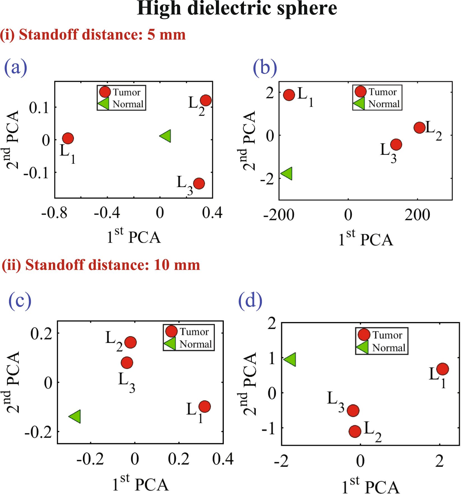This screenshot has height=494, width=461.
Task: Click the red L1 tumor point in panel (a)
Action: [x=68, y=138]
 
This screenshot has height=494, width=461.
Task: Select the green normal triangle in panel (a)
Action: [x=166, y=136]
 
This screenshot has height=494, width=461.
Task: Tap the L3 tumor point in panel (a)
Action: [x=199, y=183]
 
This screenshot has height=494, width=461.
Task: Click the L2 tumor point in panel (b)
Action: [x=420, y=128]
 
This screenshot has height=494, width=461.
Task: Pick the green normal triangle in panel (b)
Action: [x=287, y=173]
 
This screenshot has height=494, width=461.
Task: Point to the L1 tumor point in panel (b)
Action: [x=289, y=95]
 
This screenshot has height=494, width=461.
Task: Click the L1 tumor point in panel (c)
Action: [x=204, y=406]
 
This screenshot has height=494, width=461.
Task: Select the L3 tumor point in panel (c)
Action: [x=127, y=363]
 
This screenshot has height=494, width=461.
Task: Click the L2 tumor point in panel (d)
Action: [x=355, y=431]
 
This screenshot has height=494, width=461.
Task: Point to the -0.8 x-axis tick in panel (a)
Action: [x=54, y=213]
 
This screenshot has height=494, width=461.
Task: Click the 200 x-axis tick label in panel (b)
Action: [x=417, y=215]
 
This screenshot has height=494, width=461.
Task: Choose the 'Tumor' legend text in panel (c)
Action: [x=194, y=332]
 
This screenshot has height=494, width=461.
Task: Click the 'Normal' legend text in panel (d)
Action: [x=389, y=348]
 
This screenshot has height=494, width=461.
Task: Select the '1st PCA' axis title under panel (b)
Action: [x=365, y=239]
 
